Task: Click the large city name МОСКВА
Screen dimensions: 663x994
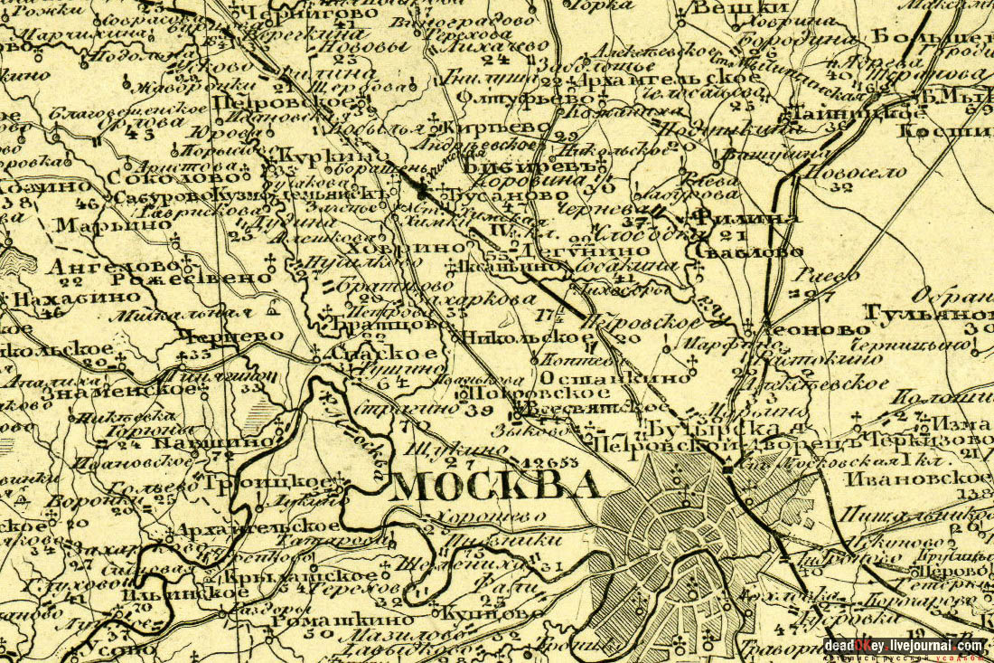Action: pyautogui.click(x=496, y=487)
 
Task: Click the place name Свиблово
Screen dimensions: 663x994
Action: pyautogui.click(x=747, y=251)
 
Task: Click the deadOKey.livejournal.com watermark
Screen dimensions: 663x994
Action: pyautogui.click(x=904, y=645)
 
